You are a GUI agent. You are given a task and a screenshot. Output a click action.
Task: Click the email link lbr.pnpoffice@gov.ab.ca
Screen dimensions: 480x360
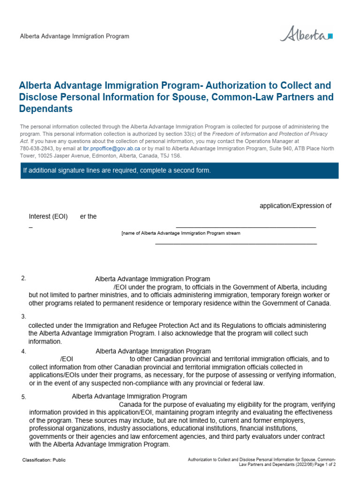click(x=111, y=149)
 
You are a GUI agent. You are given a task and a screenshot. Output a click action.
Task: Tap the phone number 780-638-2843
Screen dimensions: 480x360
click(x=37, y=149)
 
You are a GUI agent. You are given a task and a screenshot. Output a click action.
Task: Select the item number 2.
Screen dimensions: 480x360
click(x=23, y=278)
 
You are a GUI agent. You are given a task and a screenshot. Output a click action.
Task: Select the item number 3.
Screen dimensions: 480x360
click(x=23, y=316)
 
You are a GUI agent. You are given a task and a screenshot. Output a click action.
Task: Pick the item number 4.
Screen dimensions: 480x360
click(x=23, y=351)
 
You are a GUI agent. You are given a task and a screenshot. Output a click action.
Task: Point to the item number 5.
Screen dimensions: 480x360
click(x=23, y=397)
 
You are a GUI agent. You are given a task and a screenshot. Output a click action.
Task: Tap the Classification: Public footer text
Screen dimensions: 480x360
click(x=44, y=460)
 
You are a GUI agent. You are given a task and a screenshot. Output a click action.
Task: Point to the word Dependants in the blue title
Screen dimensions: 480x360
click(x=46, y=109)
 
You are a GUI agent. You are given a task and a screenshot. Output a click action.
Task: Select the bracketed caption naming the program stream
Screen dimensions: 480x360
click(x=180, y=233)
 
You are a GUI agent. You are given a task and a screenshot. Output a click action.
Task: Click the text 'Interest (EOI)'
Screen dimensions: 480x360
click(x=48, y=217)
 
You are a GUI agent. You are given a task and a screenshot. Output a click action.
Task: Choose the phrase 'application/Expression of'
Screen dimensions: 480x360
click(x=295, y=206)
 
